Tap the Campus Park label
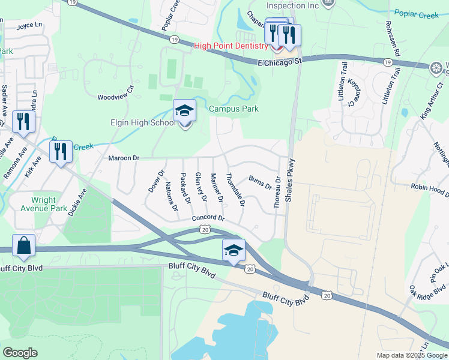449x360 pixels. [234, 109]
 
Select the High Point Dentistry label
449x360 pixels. [231, 46]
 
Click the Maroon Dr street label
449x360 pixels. [124, 158]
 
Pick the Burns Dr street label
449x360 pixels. [261, 182]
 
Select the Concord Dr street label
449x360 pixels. [208, 218]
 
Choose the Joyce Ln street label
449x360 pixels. [30, 26]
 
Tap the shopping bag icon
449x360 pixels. [23, 246]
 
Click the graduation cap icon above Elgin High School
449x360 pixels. [185, 111]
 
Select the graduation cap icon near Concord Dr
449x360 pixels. [234, 251]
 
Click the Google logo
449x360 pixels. [20, 353]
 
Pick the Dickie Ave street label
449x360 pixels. [77, 202]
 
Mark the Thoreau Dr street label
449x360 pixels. [277, 193]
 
